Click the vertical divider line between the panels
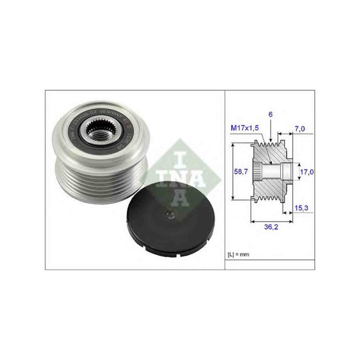(225, 180)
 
